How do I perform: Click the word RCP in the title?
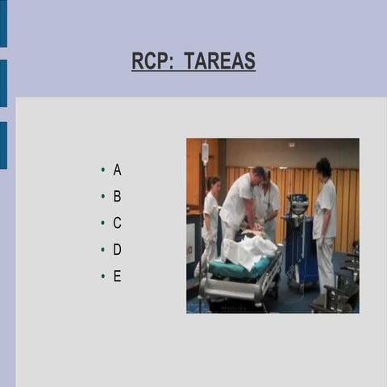[150, 61]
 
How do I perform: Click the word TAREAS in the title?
[219, 61]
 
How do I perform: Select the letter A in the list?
[117, 170]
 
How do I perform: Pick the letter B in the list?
[117, 196]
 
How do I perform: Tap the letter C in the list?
[117, 223]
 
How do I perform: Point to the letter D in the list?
[117, 250]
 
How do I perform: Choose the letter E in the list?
[117, 277]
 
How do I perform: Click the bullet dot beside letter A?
[103, 170]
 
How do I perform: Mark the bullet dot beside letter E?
[103, 277]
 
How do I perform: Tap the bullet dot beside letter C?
[103, 223]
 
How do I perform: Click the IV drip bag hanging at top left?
[206, 153]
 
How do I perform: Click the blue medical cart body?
[302, 254]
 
